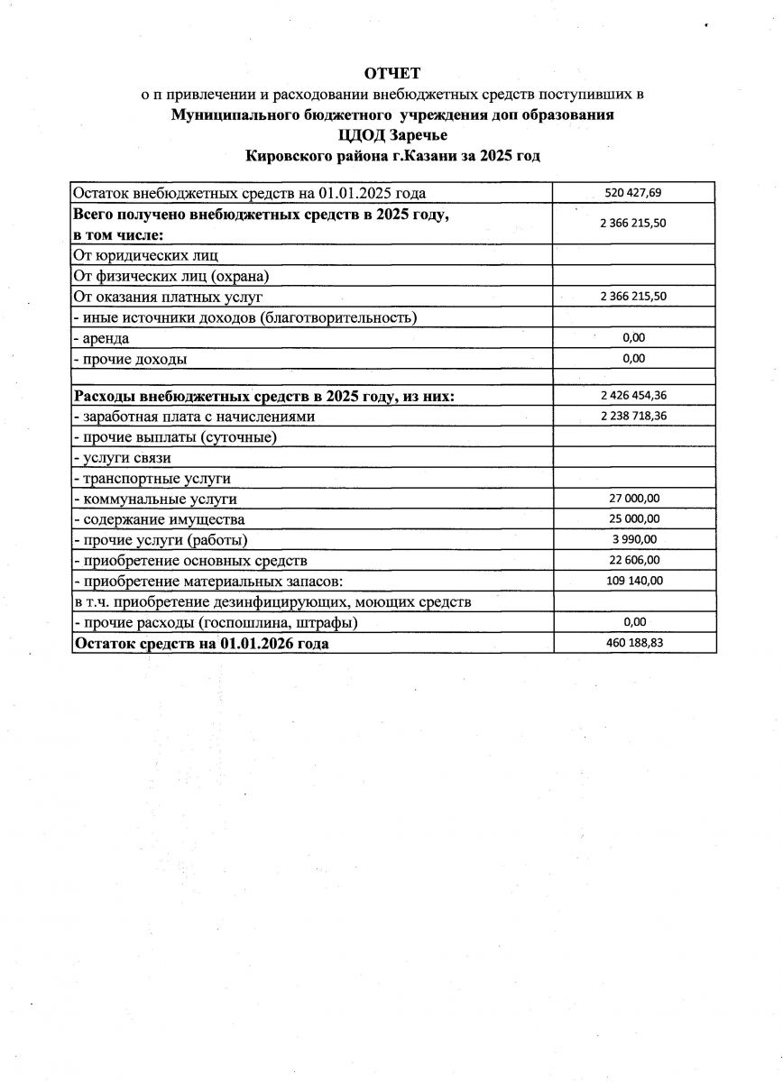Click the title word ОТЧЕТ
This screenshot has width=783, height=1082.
[x=392, y=72]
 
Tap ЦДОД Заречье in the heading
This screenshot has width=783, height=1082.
[x=392, y=135]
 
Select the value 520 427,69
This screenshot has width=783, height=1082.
[x=633, y=193]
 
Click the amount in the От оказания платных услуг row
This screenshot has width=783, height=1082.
[x=633, y=296]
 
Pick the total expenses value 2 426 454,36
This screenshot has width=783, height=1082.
[x=633, y=396]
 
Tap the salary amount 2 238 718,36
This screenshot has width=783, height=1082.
[x=633, y=416]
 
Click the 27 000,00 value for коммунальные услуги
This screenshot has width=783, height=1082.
[x=633, y=499]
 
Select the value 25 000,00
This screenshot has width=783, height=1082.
[x=633, y=519]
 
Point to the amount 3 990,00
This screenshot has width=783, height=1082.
[x=633, y=540]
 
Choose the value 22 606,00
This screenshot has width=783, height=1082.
[x=633, y=561]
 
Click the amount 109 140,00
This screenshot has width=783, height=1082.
[x=633, y=582]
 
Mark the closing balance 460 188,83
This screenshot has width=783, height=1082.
[x=633, y=644]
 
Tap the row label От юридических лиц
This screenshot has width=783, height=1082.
[x=145, y=255]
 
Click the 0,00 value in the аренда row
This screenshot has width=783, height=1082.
[x=633, y=338]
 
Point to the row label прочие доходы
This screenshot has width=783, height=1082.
[x=134, y=359]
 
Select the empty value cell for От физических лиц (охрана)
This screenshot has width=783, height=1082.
[x=633, y=276]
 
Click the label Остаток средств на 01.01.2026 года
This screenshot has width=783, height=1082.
[x=201, y=644]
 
